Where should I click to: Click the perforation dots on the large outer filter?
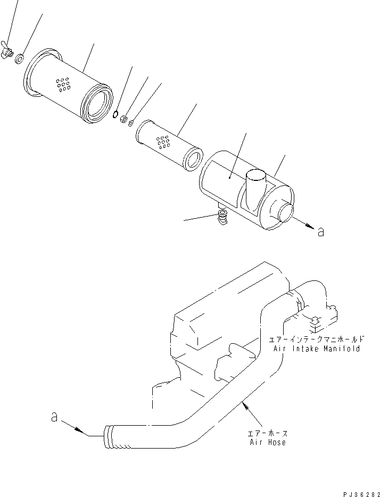[63, 84]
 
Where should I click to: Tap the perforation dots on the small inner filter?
[163, 142]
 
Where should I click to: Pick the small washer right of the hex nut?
[132, 122]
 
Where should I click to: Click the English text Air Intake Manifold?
[317, 349]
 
